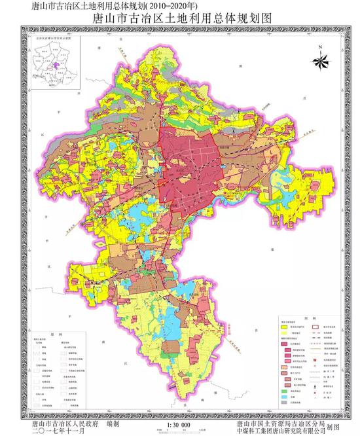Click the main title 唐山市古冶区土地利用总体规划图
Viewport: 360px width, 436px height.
(179, 20)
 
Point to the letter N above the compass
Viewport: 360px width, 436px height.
(320, 48)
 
